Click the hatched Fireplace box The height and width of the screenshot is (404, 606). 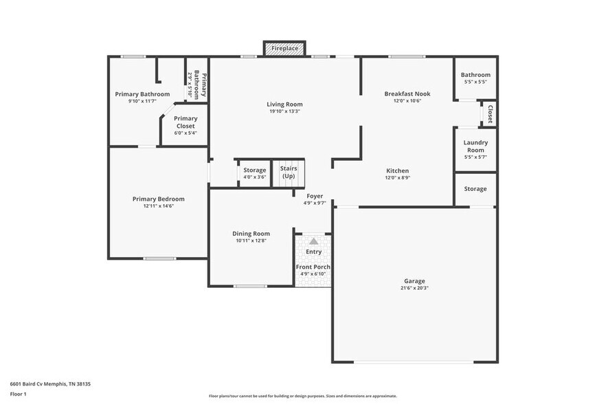pyautogui.click(x=284, y=49)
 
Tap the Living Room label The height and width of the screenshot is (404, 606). pyautogui.click(x=284, y=104)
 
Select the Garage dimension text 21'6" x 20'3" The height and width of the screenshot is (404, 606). pyautogui.click(x=414, y=288)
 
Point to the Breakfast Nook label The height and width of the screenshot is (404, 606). pyautogui.click(x=407, y=93)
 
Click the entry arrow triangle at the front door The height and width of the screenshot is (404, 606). pyautogui.click(x=313, y=241)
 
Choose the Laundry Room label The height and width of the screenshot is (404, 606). pyautogui.click(x=475, y=146)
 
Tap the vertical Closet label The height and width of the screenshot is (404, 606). pyautogui.click(x=490, y=113)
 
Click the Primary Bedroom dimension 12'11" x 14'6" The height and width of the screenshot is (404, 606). pyautogui.click(x=159, y=206)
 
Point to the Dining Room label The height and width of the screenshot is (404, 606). pyautogui.click(x=251, y=234)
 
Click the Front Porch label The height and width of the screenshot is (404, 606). pyautogui.click(x=313, y=267)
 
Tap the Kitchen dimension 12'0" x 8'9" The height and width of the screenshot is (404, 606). pyautogui.click(x=397, y=178)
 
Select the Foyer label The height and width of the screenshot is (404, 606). pyautogui.click(x=315, y=196)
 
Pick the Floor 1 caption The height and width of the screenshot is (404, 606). pyautogui.click(x=18, y=394)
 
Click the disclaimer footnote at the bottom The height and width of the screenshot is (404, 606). pyautogui.click(x=302, y=396)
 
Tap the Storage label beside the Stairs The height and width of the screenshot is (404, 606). pyautogui.click(x=254, y=170)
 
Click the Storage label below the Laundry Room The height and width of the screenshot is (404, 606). pyautogui.click(x=475, y=189)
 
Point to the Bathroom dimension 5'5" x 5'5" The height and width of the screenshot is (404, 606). pyautogui.click(x=475, y=82)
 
